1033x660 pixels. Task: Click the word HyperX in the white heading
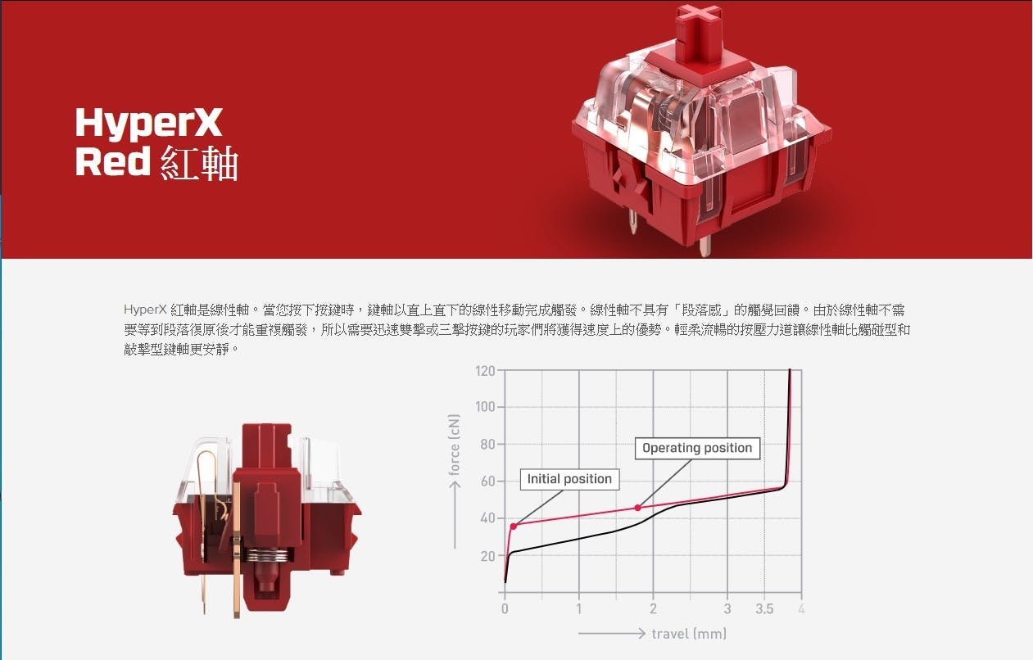[x=149, y=124]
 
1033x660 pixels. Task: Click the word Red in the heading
[x=113, y=161]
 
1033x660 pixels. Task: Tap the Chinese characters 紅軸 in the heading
[x=199, y=163]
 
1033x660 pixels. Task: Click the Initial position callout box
[x=569, y=479]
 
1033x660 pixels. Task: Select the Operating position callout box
[x=697, y=448]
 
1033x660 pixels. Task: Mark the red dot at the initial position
[x=514, y=527]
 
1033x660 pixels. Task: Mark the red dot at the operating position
[x=638, y=508]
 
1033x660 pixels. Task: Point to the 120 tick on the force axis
[x=485, y=371]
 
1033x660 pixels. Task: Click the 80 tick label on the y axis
[x=487, y=445]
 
